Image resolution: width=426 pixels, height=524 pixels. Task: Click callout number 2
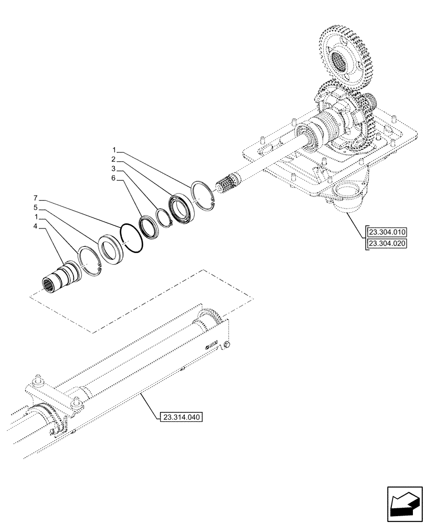113,159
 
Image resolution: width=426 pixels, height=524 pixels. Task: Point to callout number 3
113,169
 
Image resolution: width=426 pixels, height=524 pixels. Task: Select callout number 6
113,179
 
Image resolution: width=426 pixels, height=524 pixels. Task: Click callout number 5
36,208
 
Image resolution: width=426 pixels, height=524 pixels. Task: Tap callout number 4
36,226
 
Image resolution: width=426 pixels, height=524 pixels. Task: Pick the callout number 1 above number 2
113,150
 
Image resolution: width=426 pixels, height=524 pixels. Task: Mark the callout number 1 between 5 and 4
36,217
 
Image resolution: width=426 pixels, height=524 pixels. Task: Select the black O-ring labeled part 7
131,238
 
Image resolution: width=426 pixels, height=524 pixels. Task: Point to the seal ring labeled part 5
112,249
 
